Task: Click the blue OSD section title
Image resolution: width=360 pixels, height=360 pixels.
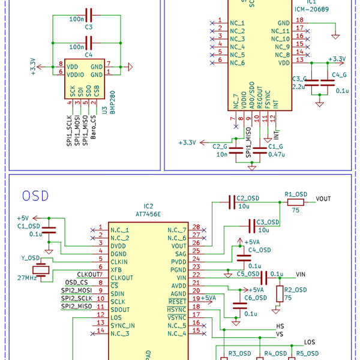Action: (35, 196)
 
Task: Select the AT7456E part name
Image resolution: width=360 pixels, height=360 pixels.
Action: (149, 214)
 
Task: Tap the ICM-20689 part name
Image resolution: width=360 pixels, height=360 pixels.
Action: (311, 11)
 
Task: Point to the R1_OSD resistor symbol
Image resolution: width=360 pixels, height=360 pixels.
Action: (295, 203)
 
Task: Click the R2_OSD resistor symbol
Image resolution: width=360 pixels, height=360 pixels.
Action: (280, 293)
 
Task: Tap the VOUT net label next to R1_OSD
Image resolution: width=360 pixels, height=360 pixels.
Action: (323, 199)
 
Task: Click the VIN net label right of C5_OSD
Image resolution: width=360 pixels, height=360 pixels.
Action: (302, 274)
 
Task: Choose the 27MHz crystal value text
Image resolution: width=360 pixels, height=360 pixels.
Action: (27, 278)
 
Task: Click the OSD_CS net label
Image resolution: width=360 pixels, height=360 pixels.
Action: (76, 282)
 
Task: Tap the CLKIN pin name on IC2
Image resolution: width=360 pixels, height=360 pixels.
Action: (119, 262)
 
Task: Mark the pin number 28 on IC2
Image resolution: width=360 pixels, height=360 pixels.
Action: (196, 227)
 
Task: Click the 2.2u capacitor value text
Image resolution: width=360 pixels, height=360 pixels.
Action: (299, 86)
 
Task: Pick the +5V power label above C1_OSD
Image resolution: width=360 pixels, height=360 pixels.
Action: (22, 218)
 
